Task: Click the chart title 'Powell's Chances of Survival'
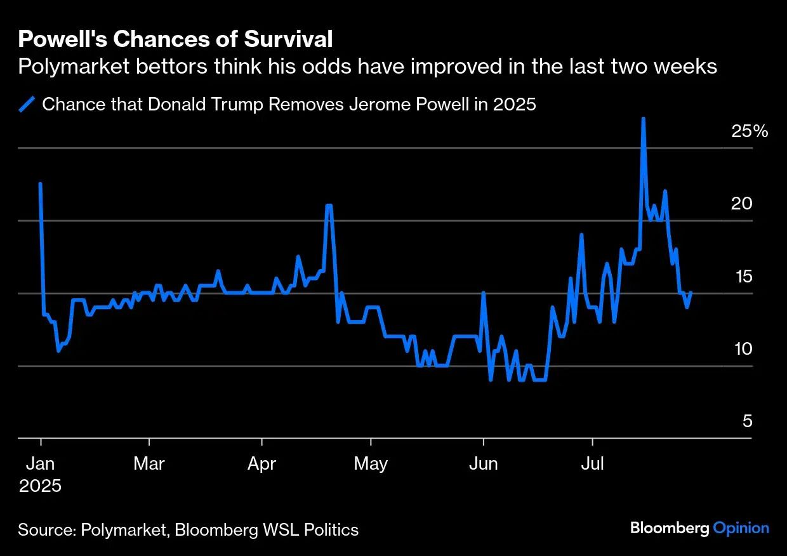[175, 39]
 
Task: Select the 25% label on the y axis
[750, 132]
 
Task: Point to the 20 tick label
[741, 204]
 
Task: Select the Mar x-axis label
[149, 463]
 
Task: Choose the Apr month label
[261, 464]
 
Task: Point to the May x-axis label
[371, 464]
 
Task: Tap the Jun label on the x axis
[483, 464]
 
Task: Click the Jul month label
[592, 463]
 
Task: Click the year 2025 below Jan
[40, 486]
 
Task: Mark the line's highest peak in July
[643, 119]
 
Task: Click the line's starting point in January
[41, 184]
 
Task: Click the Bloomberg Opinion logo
[699, 528]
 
